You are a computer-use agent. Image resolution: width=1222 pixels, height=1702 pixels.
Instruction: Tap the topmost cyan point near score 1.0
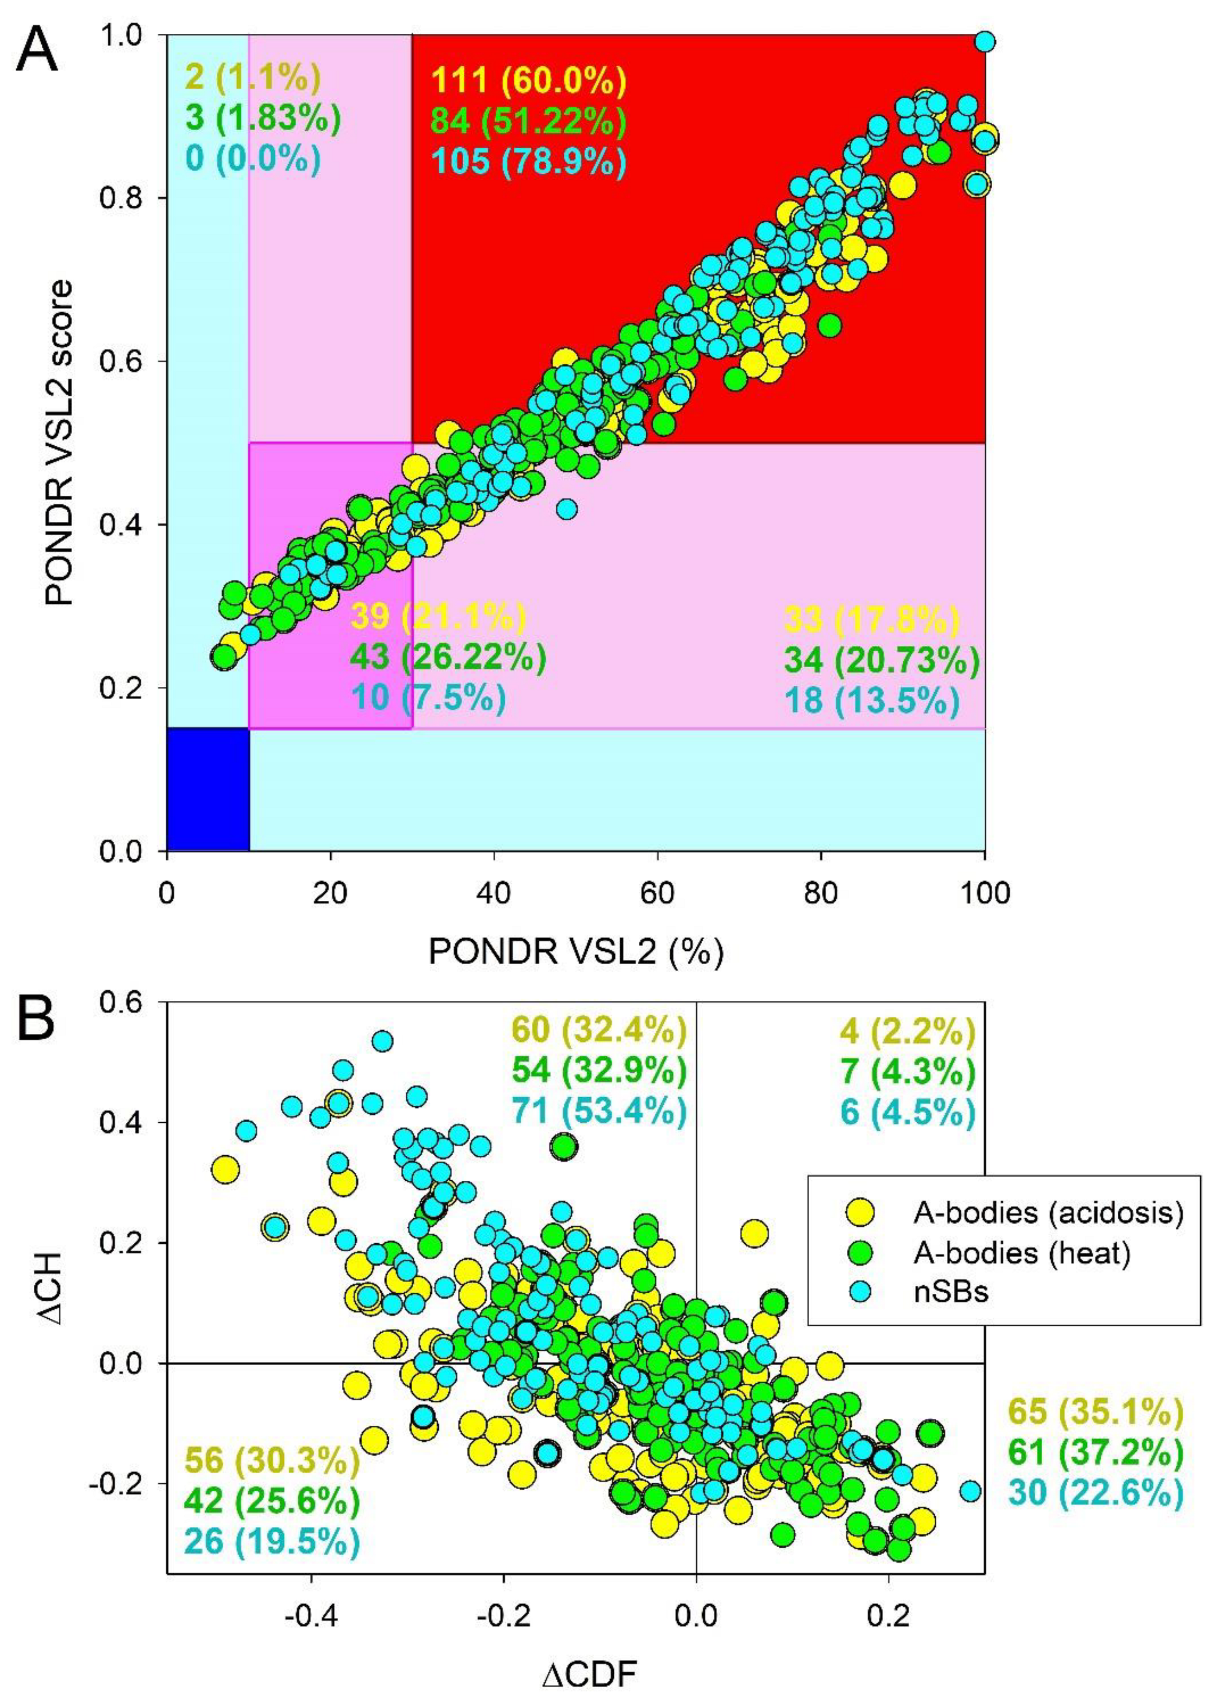tap(986, 41)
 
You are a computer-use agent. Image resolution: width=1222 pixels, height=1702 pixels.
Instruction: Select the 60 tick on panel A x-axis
tap(657, 893)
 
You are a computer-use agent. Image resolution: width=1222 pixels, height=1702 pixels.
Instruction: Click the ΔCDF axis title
tap(589, 1676)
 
